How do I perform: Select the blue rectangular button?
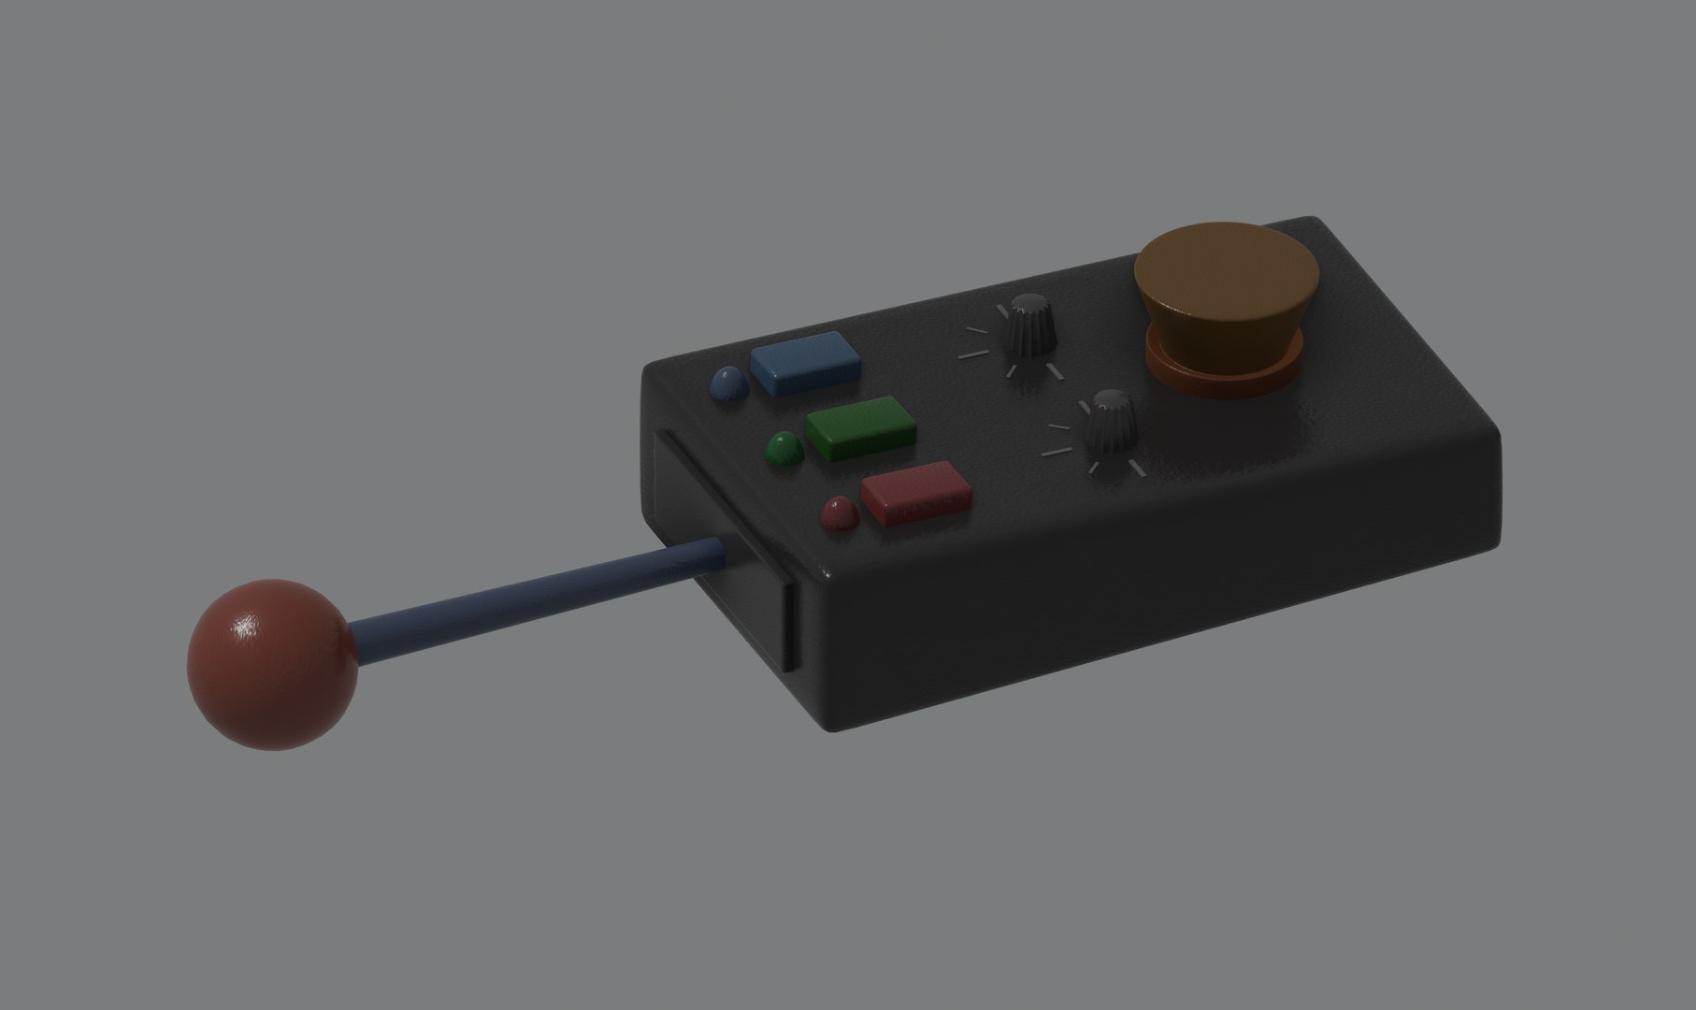point(805,363)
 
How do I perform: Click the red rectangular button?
point(915,492)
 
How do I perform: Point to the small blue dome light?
point(729,385)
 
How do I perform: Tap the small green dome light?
point(784,450)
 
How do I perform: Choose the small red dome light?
point(840,513)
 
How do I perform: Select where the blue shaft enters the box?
point(722,552)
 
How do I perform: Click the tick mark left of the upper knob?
point(972,355)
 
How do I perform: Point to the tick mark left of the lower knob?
point(1056,452)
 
